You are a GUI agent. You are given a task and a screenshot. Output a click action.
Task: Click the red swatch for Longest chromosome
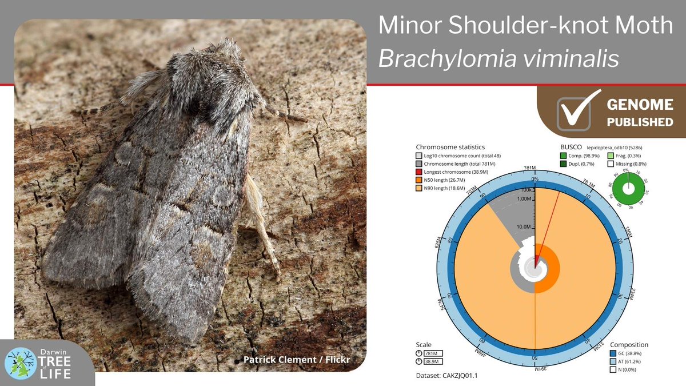pos(419,172)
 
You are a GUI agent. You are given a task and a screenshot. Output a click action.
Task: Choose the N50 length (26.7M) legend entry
pos(449,181)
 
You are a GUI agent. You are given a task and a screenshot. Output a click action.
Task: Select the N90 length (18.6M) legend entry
pos(449,189)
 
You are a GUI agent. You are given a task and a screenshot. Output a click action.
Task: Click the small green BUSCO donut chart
pos(628,191)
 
